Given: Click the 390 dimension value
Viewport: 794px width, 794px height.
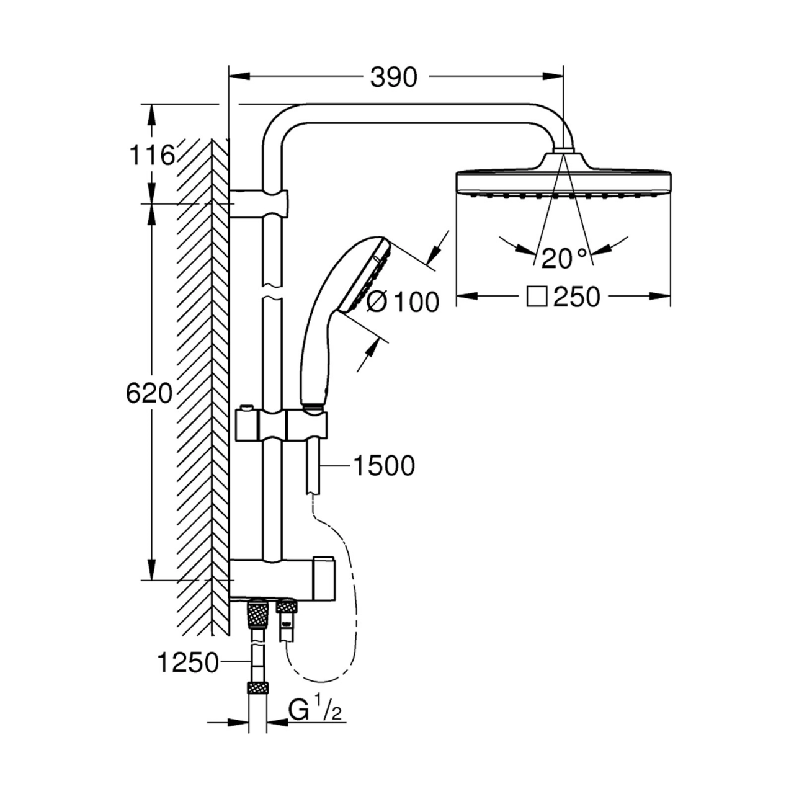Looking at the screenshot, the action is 393,77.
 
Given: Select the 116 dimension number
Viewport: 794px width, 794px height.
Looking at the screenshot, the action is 151,155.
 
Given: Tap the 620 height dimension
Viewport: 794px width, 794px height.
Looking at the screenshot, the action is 149,393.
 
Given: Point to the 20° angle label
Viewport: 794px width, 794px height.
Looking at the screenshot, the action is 564,259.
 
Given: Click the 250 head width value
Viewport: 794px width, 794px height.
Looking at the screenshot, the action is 576,297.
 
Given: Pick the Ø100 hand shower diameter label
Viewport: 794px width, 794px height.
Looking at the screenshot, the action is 402,302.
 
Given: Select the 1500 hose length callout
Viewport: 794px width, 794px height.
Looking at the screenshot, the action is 384,466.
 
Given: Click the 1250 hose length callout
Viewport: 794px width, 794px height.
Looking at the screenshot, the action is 188,663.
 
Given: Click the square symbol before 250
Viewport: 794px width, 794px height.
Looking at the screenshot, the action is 537,297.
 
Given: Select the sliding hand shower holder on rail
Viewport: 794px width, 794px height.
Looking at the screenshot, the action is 282,424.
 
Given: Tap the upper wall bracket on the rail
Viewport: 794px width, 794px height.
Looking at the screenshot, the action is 259,204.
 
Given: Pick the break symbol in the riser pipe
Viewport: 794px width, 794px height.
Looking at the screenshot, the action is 272,291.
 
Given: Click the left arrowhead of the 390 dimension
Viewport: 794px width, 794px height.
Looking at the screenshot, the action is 239,76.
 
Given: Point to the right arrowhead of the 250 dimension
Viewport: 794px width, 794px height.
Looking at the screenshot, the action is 660,296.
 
